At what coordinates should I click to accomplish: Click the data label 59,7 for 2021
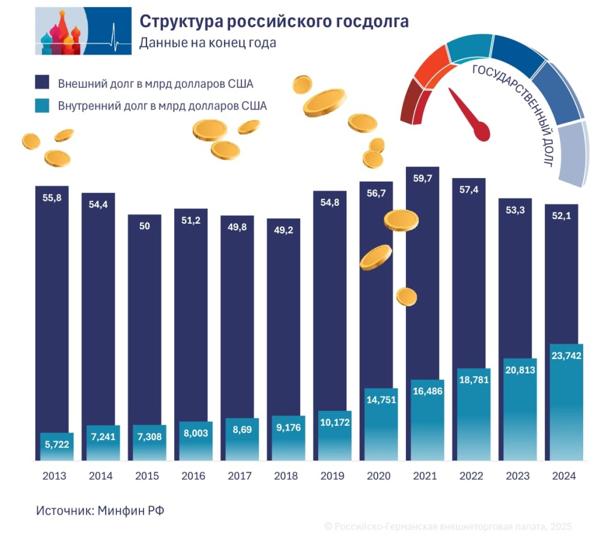pyautogui.click(x=424, y=179)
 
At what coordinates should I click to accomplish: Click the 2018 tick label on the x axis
pyautogui.click(x=286, y=476)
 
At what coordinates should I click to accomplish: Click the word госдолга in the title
pyautogui.click(x=372, y=22)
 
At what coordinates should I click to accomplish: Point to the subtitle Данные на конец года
pyautogui.click(x=208, y=43)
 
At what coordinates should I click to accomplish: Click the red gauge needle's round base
pyautogui.click(x=481, y=131)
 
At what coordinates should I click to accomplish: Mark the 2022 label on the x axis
pyautogui.click(x=471, y=476)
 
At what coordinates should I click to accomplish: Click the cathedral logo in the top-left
pyautogui.click(x=83, y=31)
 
